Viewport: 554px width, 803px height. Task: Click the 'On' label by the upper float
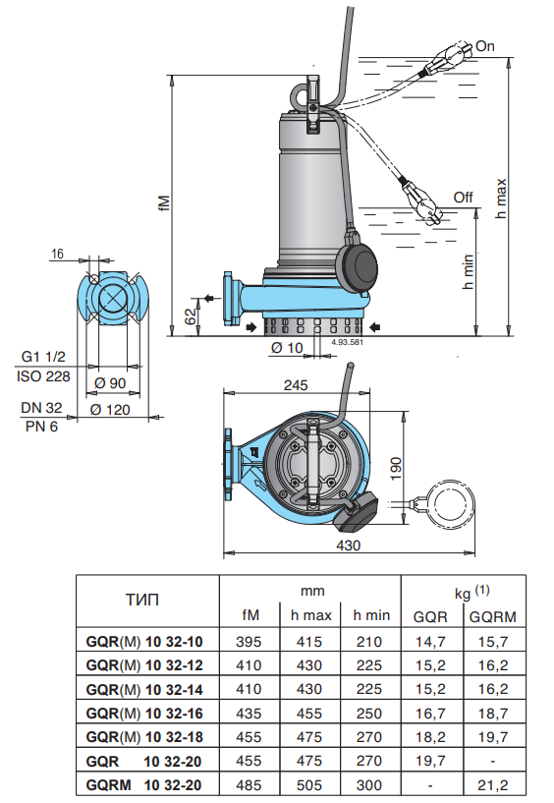click(485, 46)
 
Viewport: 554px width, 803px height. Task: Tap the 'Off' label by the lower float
click(463, 198)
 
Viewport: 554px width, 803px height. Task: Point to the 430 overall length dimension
click(348, 545)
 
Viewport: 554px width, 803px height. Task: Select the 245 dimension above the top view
click(296, 385)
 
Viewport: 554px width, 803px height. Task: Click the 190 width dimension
click(396, 468)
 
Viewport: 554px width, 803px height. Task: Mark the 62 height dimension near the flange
click(191, 316)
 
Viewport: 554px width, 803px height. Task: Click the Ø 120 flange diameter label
click(110, 410)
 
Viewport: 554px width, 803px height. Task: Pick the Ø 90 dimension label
click(110, 383)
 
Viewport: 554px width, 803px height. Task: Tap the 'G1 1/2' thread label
click(43, 357)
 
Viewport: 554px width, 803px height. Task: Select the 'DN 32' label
click(41, 408)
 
